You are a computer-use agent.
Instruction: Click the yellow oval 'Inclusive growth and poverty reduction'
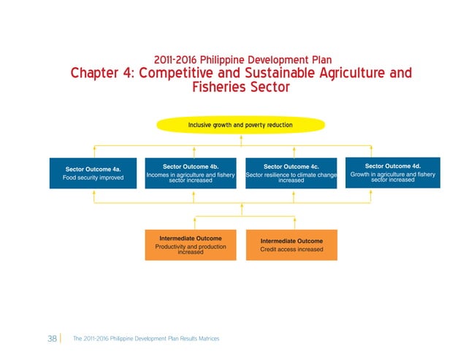(x=240, y=125)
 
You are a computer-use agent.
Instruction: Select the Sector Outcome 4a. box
(x=93, y=173)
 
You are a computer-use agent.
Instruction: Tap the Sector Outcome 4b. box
(x=190, y=173)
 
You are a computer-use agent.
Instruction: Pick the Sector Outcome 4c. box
(x=291, y=173)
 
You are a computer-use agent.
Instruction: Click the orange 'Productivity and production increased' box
(x=190, y=245)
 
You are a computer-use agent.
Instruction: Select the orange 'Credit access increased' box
(x=291, y=245)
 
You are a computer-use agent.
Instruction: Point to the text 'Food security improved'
(x=93, y=177)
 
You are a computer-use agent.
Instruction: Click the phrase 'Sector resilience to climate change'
(x=291, y=175)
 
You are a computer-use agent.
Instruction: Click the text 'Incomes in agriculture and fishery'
(x=190, y=175)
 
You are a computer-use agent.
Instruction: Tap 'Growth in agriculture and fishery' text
(x=392, y=175)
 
